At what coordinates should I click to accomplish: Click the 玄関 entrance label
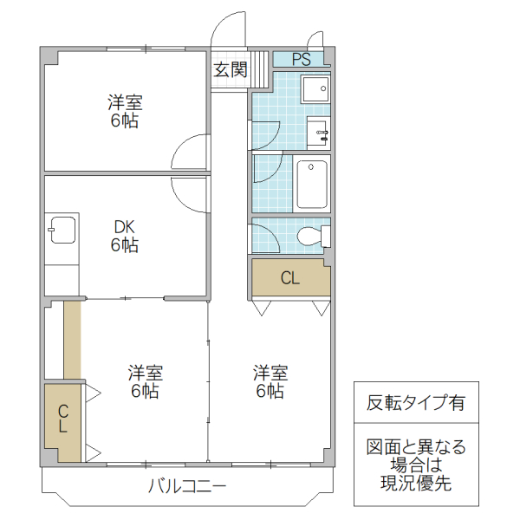click(x=230, y=69)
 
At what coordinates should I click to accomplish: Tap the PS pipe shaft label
click(x=301, y=60)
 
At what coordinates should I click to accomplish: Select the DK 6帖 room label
click(x=124, y=236)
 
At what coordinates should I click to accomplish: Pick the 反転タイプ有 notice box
click(x=416, y=403)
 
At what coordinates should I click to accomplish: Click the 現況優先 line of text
click(x=416, y=484)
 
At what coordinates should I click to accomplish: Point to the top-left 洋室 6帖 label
click(x=124, y=112)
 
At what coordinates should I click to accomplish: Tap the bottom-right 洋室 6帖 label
click(x=270, y=381)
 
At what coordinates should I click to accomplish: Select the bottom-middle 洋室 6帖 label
click(x=145, y=381)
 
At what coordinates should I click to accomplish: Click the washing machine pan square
click(x=314, y=89)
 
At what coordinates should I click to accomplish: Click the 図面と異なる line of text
click(x=416, y=447)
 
